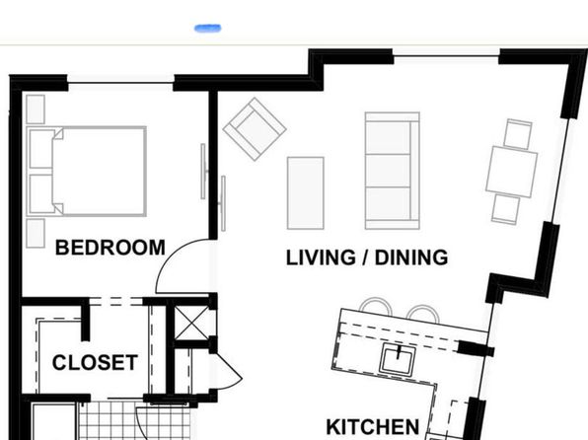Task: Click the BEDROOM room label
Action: click(x=110, y=248)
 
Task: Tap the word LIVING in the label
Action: click(x=321, y=257)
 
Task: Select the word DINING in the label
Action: click(x=411, y=257)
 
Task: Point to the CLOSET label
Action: click(x=95, y=363)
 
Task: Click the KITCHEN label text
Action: click(x=373, y=427)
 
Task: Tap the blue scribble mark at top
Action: click(x=208, y=29)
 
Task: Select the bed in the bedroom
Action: click(x=87, y=171)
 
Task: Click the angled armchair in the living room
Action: click(x=255, y=129)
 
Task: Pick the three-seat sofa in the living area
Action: click(x=393, y=171)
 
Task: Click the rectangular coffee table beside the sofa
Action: click(x=305, y=192)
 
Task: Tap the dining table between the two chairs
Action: click(x=511, y=172)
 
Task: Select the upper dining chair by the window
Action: click(x=518, y=134)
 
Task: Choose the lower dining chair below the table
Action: click(x=506, y=210)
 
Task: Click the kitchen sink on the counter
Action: click(x=398, y=359)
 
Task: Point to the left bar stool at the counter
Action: click(x=375, y=305)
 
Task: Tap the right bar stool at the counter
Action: click(x=423, y=313)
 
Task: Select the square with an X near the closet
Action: click(x=191, y=323)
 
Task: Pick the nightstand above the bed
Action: click(x=36, y=110)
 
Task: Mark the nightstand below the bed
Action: click(x=36, y=233)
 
